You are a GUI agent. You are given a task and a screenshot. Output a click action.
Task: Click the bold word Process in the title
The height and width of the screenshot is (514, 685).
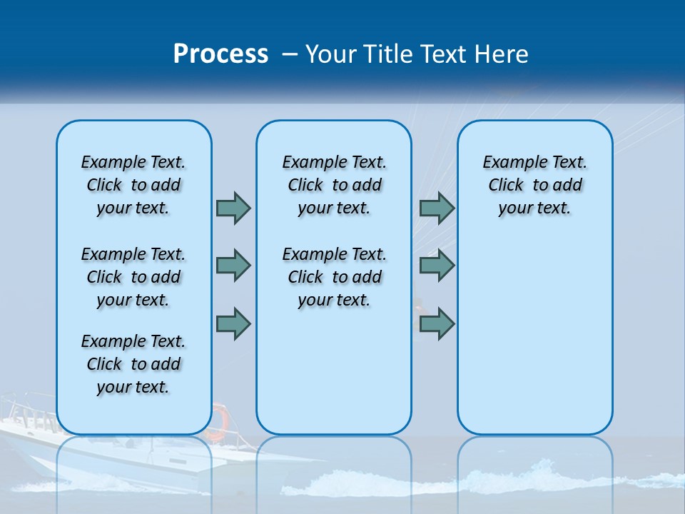click(220, 54)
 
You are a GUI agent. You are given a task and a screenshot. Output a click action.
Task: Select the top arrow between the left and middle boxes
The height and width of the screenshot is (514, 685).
click(233, 208)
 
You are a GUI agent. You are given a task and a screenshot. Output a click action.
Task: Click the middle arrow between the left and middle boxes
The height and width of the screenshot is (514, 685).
click(233, 266)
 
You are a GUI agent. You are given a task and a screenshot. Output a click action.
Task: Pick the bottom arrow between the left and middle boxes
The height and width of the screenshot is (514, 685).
click(233, 323)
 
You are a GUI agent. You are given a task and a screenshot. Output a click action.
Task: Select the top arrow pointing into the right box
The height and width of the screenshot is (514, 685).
click(437, 208)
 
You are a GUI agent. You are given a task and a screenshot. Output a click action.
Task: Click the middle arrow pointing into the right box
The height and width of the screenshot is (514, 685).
click(437, 266)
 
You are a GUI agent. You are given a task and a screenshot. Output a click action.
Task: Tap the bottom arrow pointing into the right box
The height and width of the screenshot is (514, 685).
click(437, 323)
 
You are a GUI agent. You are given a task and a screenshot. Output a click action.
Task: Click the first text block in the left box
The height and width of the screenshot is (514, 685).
click(133, 185)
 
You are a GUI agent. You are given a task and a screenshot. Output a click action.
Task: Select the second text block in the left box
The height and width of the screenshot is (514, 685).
click(133, 277)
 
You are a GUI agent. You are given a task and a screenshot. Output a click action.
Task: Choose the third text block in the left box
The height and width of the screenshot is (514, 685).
click(133, 364)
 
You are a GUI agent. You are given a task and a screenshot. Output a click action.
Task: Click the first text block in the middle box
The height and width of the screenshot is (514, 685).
click(334, 185)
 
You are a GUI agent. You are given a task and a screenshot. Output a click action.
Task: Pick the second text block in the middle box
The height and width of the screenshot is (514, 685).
click(334, 277)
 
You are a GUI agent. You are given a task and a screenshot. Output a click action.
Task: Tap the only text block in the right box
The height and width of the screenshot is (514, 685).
click(534, 185)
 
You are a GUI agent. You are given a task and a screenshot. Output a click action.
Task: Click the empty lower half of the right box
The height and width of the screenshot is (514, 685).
click(534, 343)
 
